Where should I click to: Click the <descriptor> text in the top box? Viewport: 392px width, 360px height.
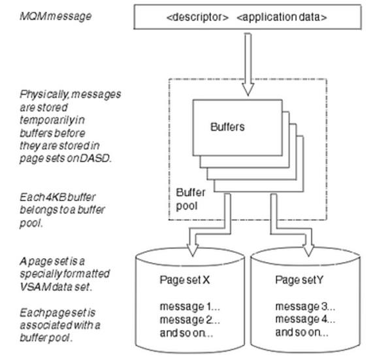coord(196,17)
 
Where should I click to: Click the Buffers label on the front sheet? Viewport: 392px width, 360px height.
coord(228,127)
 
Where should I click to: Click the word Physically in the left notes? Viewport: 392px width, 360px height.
coord(41,94)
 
